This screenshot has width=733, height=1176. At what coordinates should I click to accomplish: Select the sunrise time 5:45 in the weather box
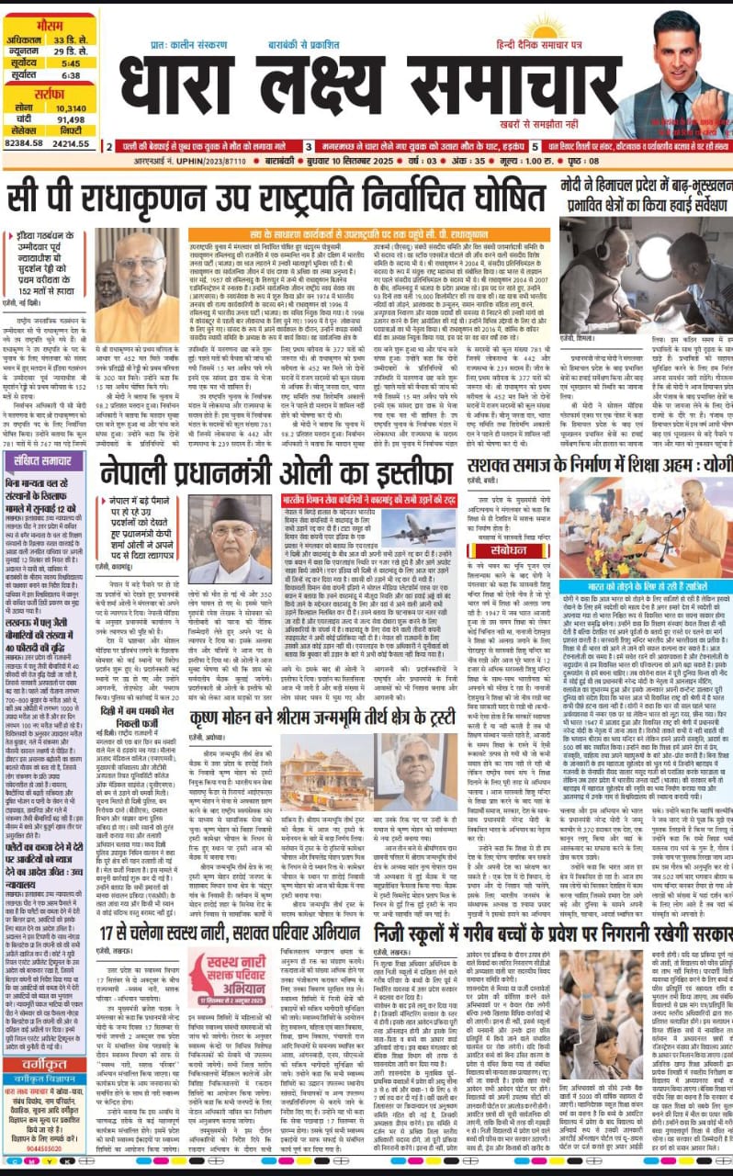71,63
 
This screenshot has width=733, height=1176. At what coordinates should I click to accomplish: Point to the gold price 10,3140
71,107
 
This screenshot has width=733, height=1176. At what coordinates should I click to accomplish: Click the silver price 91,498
71,119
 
